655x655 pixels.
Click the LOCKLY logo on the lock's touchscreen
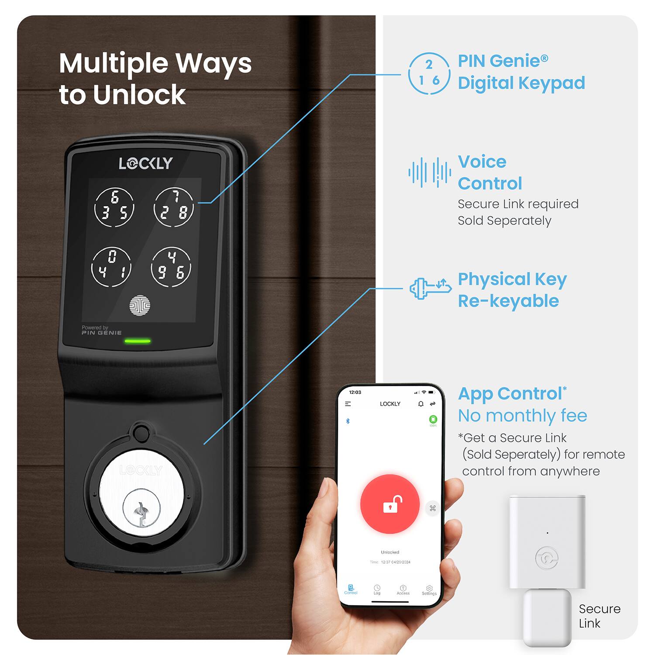click(x=146, y=163)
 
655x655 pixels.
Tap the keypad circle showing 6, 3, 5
click(x=114, y=207)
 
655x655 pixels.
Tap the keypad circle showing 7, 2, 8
click(x=174, y=207)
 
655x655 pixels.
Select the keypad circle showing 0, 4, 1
click(x=111, y=267)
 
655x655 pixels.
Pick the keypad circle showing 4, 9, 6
click(x=171, y=267)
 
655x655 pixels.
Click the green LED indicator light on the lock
click(x=138, y=341)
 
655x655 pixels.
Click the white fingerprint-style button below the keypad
click(x=140, y=305)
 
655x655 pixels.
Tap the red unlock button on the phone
click(x=390, y=504)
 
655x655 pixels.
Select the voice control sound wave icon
click(x=430, y=172)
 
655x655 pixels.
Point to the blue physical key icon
click(x=430, y=288)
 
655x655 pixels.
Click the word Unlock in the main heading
click(x=139, y=95)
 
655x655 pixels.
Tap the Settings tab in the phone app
click(x=429, y=590)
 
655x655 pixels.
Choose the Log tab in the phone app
click(x=377, y=590)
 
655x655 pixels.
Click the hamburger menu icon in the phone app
click(x=348, y=404)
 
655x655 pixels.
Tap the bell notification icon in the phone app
click(x=421, y=404)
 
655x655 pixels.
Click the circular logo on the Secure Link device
click(x=546, y=558)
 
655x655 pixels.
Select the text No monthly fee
click(x=522, y=416)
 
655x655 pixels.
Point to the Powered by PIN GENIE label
click(x=101, y=330)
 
